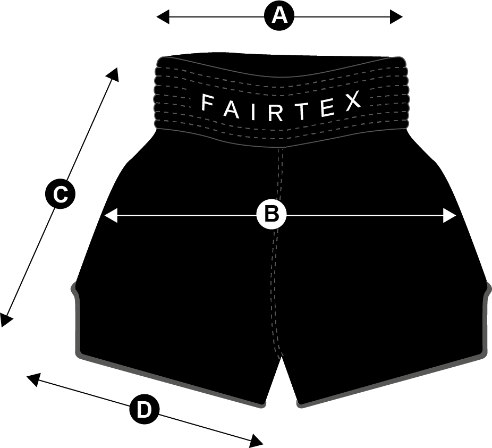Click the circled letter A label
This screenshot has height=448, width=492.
[279, 16]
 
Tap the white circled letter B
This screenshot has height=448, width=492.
[272, 215]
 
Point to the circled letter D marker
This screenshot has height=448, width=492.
[145, 410]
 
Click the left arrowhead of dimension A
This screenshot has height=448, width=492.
[163, 16]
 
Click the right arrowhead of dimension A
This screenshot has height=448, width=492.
[396, 16]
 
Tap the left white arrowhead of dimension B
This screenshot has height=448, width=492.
[110, 216]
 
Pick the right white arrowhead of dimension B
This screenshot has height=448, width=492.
[449, 216]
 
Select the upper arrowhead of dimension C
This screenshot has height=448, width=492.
[113, 74]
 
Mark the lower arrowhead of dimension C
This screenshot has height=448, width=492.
[6, 320]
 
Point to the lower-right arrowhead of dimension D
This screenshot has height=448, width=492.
[256, 441]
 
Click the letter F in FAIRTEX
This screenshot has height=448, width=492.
[208, 103]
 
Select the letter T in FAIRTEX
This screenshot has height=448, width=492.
[302, 111]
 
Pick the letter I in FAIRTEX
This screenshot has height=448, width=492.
[253, 112]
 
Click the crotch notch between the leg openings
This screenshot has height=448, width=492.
[282, 357]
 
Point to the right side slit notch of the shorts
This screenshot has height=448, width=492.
[487, 289]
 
